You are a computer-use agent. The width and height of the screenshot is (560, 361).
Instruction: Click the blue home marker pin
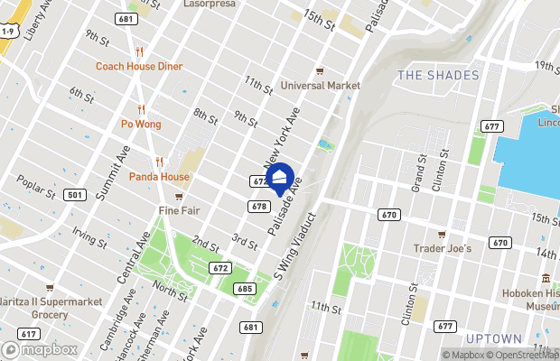(279, 177)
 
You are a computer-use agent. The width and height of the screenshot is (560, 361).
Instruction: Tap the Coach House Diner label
(139, 66)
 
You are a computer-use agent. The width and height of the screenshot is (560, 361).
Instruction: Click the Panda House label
(159, 176)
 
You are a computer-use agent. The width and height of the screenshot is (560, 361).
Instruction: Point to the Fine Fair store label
(179, 210)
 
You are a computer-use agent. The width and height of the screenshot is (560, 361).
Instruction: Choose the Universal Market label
(320, 86)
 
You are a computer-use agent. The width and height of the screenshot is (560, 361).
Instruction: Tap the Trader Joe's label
(442, 248)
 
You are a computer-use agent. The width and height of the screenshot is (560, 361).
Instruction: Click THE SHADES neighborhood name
(438, 75)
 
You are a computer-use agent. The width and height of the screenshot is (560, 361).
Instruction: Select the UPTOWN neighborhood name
(495, 338)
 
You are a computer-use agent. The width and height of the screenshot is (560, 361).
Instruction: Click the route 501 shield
(76, 195)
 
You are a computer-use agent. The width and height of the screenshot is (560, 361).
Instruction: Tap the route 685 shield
(242, 289)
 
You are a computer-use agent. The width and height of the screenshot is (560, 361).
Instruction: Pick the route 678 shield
(258, 207)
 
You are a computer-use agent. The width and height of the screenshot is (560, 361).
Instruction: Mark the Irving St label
(90, 237)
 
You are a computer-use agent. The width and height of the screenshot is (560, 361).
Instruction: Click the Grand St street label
(419, 171)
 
